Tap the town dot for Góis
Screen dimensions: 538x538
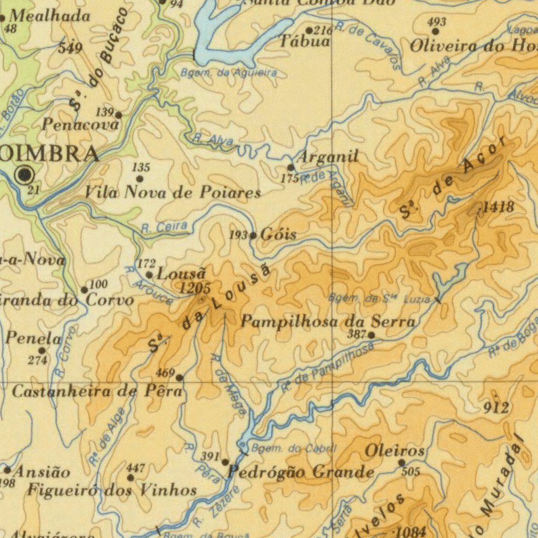[253, 235]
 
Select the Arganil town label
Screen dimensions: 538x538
[328, 157]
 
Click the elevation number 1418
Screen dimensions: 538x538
[498, 207]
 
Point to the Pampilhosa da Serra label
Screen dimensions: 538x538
[328, 322]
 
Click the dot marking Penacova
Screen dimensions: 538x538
[119, 115]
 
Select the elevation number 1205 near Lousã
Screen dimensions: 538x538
[195, 288]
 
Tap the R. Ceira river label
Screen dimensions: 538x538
[164, 227]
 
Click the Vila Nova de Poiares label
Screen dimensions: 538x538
[173, 193]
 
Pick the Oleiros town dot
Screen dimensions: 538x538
[401, 462]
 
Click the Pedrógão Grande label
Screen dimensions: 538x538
[301, 472]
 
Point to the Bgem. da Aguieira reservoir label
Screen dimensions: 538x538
[229, 73]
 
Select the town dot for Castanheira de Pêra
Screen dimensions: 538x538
[179, 377]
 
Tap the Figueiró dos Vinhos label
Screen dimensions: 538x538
[112, 491]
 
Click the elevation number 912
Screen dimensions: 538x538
[496, 408]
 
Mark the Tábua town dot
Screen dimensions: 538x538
[309, 30]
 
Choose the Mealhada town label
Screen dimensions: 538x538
[50, 16]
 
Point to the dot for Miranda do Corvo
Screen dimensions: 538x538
[84, 290]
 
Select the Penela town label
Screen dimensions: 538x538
[33, 338]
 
